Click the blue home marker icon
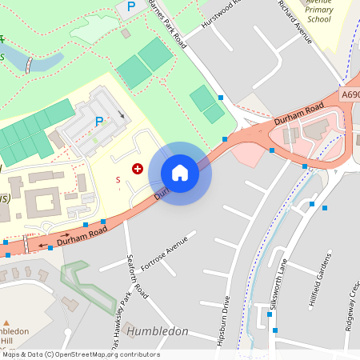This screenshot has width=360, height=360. coord(180,172)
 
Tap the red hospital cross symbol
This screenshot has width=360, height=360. coord(137,168)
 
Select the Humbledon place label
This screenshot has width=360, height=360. coord(158,331)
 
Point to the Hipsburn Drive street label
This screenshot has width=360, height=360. coord(225,320)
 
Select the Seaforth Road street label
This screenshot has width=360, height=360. coord(137,277)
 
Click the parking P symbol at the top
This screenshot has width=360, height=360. coord(130,7)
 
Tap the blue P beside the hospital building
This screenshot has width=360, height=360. coord(99,122)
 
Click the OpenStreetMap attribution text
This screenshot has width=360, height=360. coord(80,354)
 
